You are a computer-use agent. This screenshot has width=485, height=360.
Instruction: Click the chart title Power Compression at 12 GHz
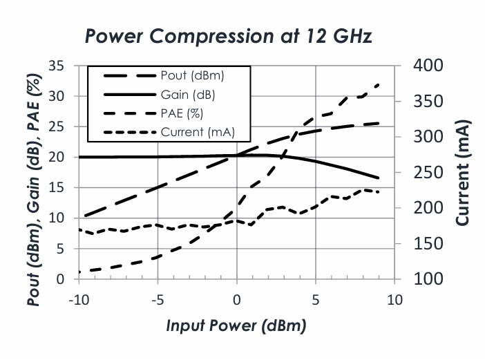pyautogui.click(x=228, y=36)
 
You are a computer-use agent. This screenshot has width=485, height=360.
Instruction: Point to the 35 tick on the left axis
pyautogui.click(x=56, y=66)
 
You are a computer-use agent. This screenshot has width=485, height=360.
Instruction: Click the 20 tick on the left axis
pyautogui.click(x=56, y=158)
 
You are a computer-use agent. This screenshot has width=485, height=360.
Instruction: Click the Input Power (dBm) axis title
pyautogui.click(x=237, y=325)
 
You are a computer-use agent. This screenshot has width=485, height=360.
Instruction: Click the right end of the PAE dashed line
pyautogui.click(x=379, y=84)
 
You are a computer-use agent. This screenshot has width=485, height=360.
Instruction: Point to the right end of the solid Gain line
pyautogui.click(x=379, y=178)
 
